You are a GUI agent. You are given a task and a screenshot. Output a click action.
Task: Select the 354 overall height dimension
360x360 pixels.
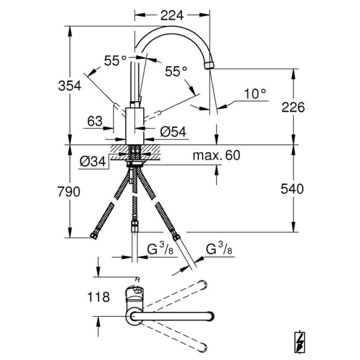tap(69, 85)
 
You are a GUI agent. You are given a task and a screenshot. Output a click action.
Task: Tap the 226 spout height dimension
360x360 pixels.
tap(293, 107)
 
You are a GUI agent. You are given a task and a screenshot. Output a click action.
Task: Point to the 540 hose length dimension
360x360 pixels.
tap(293, 189)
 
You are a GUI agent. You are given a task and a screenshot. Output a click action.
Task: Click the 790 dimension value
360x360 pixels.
tap(69, 192)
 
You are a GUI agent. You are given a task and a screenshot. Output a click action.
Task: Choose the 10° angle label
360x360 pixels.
tap(256, 94)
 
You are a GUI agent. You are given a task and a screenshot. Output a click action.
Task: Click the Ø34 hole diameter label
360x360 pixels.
tap(93, 162)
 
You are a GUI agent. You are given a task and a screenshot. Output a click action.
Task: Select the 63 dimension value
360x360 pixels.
tap(95, 121)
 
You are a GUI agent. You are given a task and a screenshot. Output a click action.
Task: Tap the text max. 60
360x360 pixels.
tap(217, 155)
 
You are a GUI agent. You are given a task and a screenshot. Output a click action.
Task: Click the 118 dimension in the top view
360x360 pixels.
tap(99, 297)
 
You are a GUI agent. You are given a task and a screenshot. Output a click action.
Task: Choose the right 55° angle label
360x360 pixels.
tap(176, 72)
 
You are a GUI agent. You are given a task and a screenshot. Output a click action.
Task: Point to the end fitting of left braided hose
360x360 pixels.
tap(94, 236)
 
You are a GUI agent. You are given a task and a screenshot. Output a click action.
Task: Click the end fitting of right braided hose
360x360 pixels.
tap(176, 237)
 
